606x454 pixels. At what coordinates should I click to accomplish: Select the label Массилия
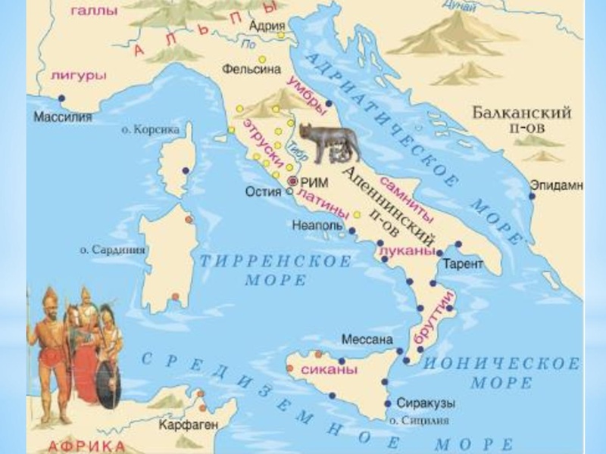pyautogui.click(x=63, y=117)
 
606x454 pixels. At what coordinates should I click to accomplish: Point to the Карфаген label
pyautogui.click(x=184, y=424)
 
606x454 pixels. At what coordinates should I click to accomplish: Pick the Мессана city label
pyautogui.click(x=368, y=338)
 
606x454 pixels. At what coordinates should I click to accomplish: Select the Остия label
pyautogui.click(x=264, y=191)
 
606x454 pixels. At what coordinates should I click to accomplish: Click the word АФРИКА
pyautogui.click(x=83, y=443)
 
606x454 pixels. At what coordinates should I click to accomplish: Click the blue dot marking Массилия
pyautogui.click(x=61, y=98)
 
